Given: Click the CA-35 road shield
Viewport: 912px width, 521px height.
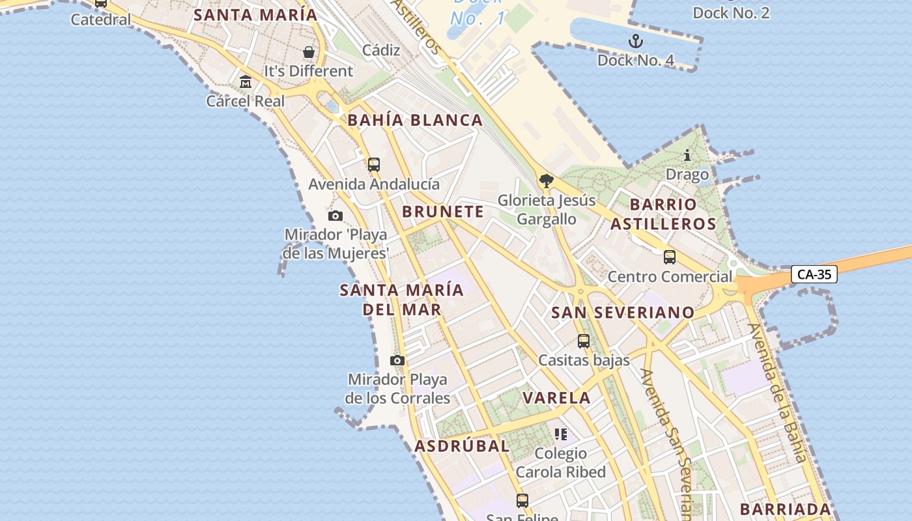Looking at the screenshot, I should pos(814,274).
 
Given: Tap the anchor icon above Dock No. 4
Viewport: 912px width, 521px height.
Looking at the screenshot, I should pos(635,42).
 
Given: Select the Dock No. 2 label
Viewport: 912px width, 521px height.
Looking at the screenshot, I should pos(731,12).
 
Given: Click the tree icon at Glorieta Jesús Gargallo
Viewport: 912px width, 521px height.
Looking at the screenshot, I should pos(546,181).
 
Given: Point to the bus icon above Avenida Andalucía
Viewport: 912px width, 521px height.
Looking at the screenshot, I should pos(373,164).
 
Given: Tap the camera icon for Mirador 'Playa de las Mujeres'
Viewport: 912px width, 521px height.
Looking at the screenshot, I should pos(335,216).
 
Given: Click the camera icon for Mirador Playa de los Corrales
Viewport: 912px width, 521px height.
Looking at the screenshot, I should pos(397,360).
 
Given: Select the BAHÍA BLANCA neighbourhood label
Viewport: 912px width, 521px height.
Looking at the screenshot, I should pos(415,120).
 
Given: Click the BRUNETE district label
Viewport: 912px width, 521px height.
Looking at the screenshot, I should pos(443,212).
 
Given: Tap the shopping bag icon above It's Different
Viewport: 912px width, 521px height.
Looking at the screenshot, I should pos(308,52).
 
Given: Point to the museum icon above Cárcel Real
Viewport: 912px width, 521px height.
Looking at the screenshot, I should pos(246,82).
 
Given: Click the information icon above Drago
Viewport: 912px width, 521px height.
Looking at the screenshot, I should pos(687,155).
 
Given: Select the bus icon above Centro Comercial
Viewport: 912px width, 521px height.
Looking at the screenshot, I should pos(669,257).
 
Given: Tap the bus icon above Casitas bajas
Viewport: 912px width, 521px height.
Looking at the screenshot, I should pos(583,341).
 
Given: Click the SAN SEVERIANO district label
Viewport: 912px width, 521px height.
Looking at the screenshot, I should pos(623,313).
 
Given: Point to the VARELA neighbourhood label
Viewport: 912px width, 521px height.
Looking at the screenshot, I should pos(556,398).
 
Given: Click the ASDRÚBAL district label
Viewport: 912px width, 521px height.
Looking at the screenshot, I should pos(462,446).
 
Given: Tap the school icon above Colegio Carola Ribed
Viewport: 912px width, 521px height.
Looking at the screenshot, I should pos(561,434).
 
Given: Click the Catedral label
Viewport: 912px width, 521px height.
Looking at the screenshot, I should pos(100,20).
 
